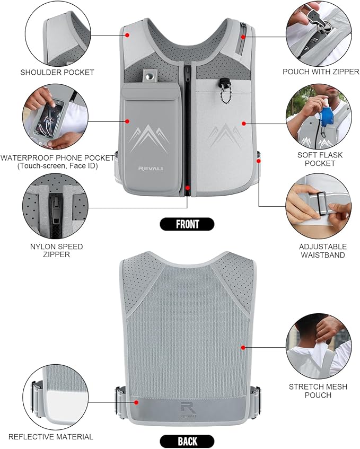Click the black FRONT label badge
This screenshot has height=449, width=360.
pos(187,224)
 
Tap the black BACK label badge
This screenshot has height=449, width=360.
pos(187,441)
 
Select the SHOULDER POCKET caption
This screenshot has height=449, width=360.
pos(57,72)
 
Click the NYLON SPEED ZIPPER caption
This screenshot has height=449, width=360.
pos(56,251)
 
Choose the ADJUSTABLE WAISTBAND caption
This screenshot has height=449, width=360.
pos(323,251)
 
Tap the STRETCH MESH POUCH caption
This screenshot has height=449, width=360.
pos(318,391)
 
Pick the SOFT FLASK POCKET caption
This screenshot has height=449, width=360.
pos(320,159)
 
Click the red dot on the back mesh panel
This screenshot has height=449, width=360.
pos(243,348)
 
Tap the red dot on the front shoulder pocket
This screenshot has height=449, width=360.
pos(127,35)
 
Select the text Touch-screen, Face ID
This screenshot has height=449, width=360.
pos(57,166)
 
